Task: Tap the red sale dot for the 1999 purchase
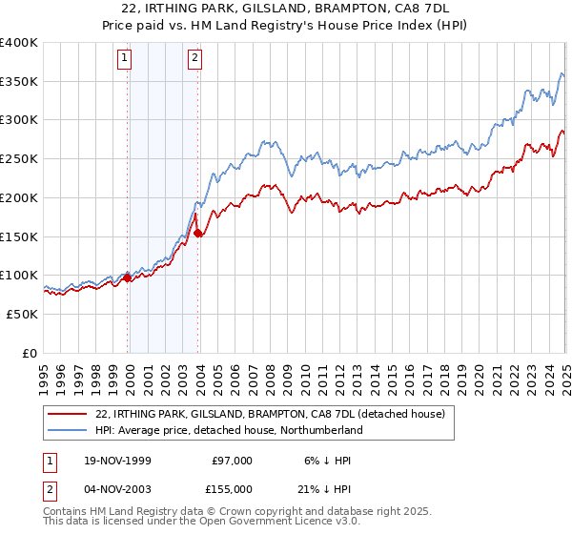[x=128, y=278]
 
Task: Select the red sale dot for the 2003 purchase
[x=197, y=233]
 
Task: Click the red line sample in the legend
[x=67, y=414]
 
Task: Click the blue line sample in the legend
[x=67, y=430]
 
